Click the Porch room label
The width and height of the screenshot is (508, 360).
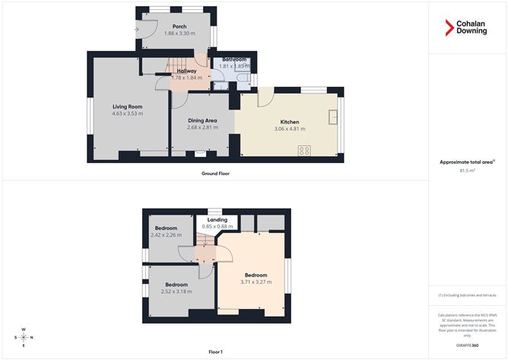[179, 27]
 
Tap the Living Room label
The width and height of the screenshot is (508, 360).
[128, 107]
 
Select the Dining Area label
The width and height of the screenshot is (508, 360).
[202, 120]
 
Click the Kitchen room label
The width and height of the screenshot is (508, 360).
[289, 122]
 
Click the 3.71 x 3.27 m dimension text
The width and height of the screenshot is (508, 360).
[256, 282]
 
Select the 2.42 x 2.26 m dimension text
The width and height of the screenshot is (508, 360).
[166, 235]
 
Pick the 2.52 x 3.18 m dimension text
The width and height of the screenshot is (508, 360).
[176, 292]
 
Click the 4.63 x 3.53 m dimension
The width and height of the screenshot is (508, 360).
[128, 113]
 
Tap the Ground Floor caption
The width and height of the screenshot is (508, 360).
[215, 174]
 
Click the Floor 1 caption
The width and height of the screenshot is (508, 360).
[215, 352]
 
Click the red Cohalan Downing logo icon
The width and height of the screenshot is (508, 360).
[449, 29]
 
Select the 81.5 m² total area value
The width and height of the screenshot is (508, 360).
[467, 170]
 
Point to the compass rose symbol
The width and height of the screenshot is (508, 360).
[24, 337]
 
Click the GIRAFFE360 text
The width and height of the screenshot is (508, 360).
[467, 346]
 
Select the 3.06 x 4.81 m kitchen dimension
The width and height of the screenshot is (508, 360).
[289, 129]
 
